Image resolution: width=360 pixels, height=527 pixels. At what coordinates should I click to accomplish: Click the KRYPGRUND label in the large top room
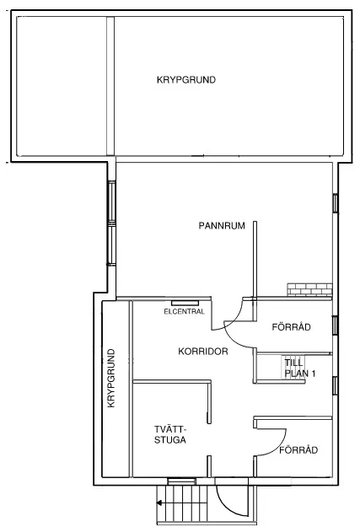point(185,80)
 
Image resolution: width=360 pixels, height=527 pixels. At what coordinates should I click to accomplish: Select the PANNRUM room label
point(221,225)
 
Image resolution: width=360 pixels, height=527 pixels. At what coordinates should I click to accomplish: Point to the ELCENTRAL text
point(185,311)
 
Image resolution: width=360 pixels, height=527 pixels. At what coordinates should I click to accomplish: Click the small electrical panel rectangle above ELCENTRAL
point(185,301)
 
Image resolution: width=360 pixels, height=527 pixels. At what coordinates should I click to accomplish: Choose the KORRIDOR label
point(203,351)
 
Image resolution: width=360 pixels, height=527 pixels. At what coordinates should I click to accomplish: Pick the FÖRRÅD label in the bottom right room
point(298,449)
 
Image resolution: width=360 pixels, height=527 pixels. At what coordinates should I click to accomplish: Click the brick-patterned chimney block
point(309,289)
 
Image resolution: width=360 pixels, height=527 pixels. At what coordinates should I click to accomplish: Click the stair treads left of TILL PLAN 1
point(270,368)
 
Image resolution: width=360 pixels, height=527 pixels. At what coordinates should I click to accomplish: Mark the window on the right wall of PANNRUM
point(336,203)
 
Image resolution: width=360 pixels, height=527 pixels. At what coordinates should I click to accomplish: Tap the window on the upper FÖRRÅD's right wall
point(336,325)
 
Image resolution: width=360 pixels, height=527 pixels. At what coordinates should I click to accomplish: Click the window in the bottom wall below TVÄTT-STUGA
point(181,481)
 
